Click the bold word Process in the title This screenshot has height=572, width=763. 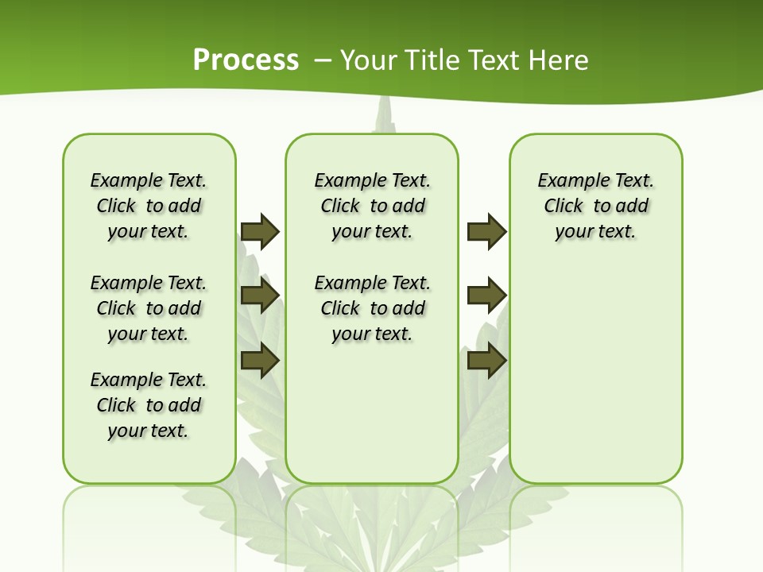pyautogui.click(x=246, y=60)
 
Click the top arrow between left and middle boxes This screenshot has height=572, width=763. pyautogui.click(x=260, y=231)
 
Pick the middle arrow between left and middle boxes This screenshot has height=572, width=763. pyautogui.click(x=260, y=296)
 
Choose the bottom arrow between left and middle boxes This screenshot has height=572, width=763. pyautogui.click(x=260, y=360)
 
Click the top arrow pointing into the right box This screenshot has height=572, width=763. pyautogui.click(x=486, y=231)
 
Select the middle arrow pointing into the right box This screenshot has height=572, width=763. pyautogui.click(x=486, y=296)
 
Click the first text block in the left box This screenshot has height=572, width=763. pyautogui.click(x=149, y=206)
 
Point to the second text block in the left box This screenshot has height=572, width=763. pyautogui.click(x=149, y=308)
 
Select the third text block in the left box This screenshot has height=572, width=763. pyautogui.click(x=149, y=405)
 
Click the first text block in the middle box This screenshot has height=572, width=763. pyautogui.click(x=372, y=206)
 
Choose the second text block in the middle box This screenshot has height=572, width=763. pyautogui.click(x=372, y=308)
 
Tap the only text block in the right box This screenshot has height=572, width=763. pyautogui.click(x=595, y=206)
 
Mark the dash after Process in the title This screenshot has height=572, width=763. pyautogui.click(x=323, y=60)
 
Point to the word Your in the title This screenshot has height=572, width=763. pyautogui.click(x=370, y=60)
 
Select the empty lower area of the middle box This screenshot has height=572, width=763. pyautogui.click(x=372, y=413)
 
